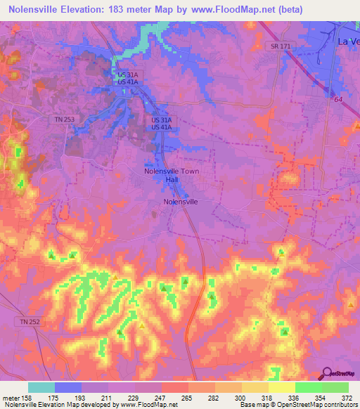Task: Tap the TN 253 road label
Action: tap(64, 120)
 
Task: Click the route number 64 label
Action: tap(338, 100)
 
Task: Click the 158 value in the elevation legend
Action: tap(29, 398)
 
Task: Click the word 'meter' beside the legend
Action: tap(11, 398)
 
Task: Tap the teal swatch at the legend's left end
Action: tap(41, 387)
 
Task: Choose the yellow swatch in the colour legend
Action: tap(281, 387)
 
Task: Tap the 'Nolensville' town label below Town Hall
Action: tap(181, 202)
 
